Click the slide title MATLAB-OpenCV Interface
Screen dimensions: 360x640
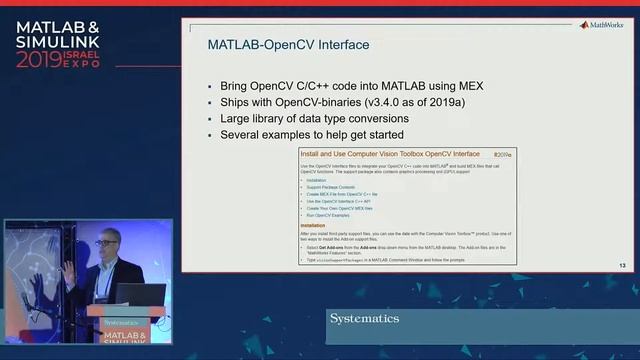[288, 45]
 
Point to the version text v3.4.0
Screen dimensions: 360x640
[395, 102]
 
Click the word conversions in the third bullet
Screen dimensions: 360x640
[374, 118]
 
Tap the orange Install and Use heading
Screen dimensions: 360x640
[390, 154]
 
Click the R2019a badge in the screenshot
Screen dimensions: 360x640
[502, 155]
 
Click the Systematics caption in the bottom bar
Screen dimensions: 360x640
[364, 319]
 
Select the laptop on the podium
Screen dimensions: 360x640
[139, 294]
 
